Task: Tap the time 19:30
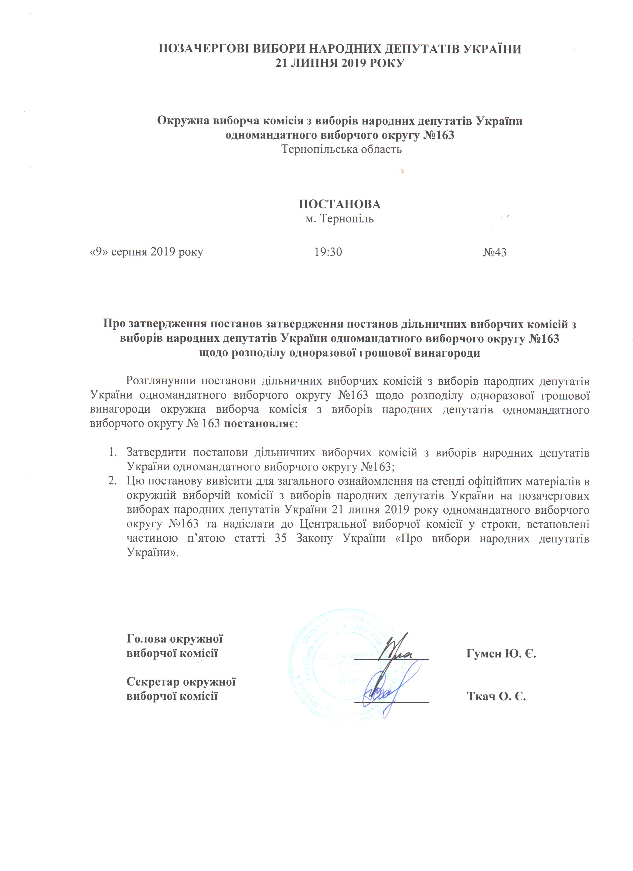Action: pos(328,252)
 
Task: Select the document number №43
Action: pos(494,252)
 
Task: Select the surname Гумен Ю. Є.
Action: pos(501,653)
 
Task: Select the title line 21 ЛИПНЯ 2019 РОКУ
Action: pos(340,63)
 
